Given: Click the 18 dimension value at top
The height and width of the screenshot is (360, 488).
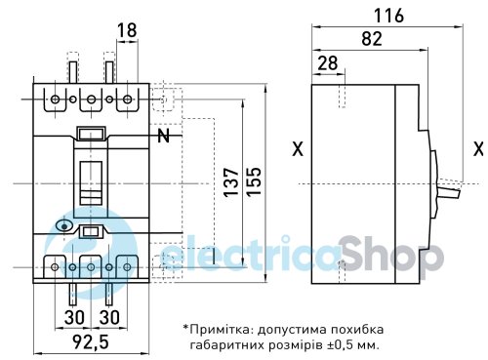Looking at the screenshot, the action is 127,30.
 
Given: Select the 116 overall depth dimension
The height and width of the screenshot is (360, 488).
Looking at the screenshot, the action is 388,16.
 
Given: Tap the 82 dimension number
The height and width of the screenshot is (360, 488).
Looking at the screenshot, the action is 372,39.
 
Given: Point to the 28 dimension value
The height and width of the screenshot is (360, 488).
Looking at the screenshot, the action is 328,63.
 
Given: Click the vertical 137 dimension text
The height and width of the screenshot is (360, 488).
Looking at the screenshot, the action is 231,181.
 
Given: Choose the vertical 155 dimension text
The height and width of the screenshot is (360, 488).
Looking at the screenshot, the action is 254,181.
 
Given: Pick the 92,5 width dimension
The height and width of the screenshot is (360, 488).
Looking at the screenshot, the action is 91,341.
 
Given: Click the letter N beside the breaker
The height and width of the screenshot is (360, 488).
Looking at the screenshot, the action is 164,136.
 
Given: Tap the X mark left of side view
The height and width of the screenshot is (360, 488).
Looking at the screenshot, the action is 298,149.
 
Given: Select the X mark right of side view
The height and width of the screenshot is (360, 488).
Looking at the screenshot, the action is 478,149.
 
